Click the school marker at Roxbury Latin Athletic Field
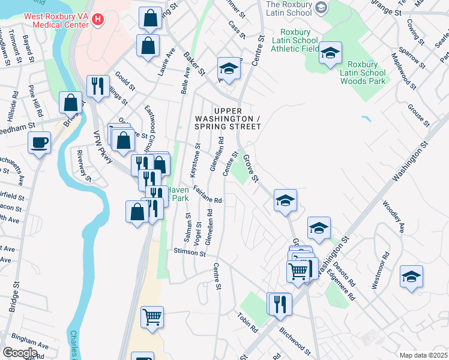click(330, 53)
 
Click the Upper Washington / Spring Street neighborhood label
click(228, 119)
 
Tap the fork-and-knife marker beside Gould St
click(97, 86)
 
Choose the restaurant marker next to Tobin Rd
click(280, 304)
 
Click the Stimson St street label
click(189, 253)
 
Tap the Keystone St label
click(194, 160)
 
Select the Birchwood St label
click(294, 340)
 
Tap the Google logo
click(20, 352)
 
